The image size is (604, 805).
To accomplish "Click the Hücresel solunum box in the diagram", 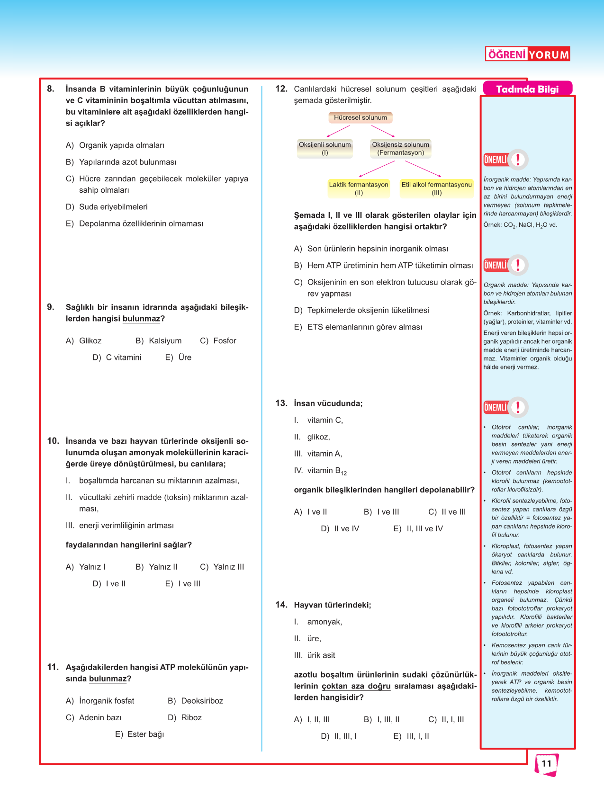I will pos(360,117).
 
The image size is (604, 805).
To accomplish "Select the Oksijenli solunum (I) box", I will pos(325,148).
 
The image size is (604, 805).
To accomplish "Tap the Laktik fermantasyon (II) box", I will pos(359,188).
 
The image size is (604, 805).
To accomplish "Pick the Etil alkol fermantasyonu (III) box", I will pos(436,188).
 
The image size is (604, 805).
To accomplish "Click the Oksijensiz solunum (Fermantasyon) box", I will pos(400,148).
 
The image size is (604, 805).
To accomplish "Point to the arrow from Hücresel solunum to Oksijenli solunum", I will pos(338,131).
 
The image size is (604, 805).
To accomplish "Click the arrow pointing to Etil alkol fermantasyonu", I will pos(423,169).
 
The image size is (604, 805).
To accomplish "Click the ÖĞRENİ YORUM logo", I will pos(527,54).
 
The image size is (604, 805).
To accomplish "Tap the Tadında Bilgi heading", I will pos(527,89).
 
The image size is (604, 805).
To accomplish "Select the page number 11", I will pos(547,763).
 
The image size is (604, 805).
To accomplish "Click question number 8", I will pos(51,89).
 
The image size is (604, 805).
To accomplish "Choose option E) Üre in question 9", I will pos(179,358).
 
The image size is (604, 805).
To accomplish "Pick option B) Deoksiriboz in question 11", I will pos(196,701).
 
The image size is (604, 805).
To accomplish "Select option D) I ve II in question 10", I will pos(109,584).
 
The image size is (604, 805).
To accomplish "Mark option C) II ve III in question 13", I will pos(447,512).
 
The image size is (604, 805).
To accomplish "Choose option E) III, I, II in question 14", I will pos(412,736).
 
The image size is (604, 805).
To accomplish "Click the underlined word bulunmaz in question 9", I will pos(141,319).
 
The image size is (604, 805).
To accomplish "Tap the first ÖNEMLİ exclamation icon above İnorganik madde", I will pos(518,160).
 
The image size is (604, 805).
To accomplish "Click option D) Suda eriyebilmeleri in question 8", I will pos(107,207).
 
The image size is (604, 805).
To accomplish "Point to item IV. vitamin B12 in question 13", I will pos(321,471).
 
